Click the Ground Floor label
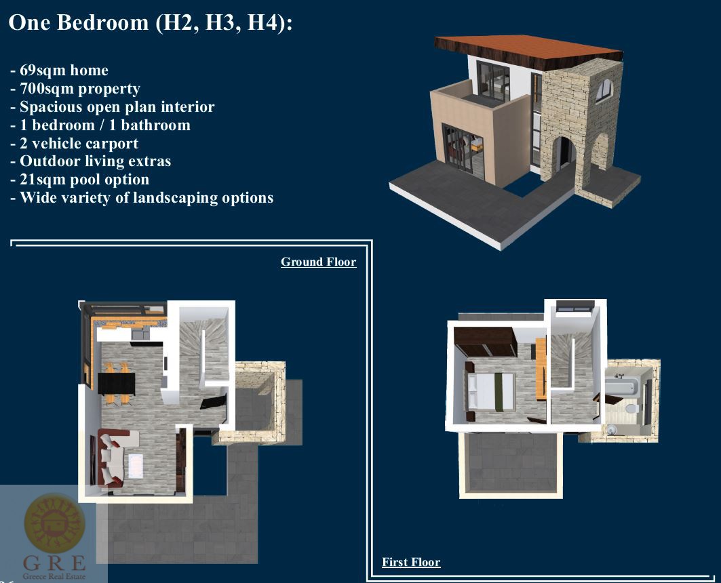[318, 262]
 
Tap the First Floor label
[411, 562]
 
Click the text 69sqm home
[64, 71]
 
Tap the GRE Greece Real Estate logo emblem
[54, 523]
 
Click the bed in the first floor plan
[490, 391]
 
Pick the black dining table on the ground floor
[117, 383]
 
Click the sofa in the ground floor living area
[112, 457]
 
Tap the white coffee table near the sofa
[136, 466]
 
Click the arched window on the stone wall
[604, 91]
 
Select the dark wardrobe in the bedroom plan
[485, 342]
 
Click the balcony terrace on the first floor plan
[511, 464]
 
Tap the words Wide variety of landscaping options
[147, 198]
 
